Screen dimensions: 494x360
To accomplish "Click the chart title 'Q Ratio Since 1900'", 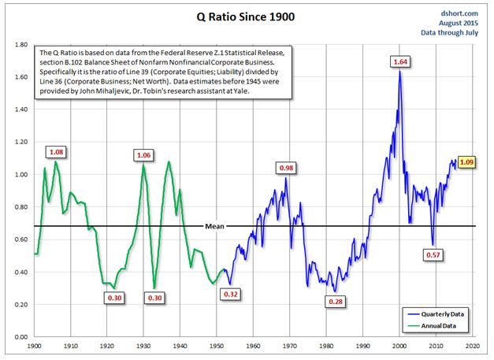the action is (246, 17).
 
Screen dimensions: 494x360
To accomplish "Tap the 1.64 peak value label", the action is (400, 62).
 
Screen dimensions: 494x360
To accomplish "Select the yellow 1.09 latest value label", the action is (466, 162).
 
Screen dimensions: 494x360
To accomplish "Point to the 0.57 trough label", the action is (433, 254).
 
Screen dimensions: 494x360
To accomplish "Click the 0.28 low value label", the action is (336, 302).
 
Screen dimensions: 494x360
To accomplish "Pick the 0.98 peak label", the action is (286, 169).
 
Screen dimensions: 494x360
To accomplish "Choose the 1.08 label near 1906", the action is (57, 152).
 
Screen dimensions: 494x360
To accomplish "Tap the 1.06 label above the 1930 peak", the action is (143, 155).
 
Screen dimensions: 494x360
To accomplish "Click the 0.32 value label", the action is (231, 295).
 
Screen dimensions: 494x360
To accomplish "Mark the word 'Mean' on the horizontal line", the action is (214, 226).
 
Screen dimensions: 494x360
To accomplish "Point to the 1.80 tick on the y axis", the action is (21, 44).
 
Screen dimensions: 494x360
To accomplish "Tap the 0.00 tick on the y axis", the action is (21, 337).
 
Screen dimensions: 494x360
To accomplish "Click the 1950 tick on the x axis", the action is (217, 346).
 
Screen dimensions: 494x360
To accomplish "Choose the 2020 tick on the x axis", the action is (473, 346).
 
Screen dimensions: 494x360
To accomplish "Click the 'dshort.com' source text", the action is (459, 13).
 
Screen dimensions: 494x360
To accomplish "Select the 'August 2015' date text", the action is (459, 23).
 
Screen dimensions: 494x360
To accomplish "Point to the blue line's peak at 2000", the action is (399, 71).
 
